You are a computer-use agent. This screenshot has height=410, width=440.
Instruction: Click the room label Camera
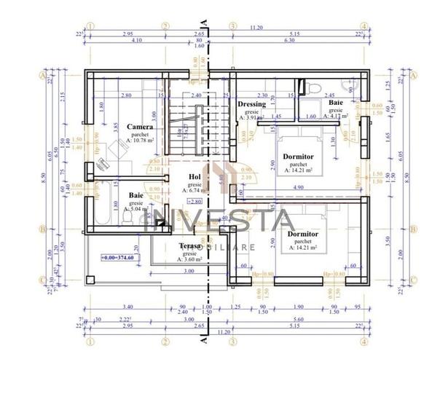coord(140,127)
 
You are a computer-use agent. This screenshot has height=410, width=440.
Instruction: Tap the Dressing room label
coord(252,105)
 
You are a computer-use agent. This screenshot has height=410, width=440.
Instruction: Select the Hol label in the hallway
coord(195,176)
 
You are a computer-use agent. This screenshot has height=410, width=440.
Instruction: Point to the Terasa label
coord(191,247)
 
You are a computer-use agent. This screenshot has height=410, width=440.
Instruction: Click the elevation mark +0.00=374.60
coord(120,258)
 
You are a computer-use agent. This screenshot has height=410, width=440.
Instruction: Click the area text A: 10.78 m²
coord(139,142)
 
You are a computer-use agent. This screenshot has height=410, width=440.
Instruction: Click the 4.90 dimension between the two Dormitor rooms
coord(299,187)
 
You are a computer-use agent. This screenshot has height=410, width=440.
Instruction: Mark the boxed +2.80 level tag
coord(194,201)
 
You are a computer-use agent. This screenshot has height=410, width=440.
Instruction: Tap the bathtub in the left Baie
coord(101,208)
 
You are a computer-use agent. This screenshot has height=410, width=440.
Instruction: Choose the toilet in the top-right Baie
coord(314,89)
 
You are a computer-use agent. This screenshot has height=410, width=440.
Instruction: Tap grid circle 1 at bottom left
coord(90,339)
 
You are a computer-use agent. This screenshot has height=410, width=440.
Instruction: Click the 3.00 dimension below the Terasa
coord(189,271)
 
